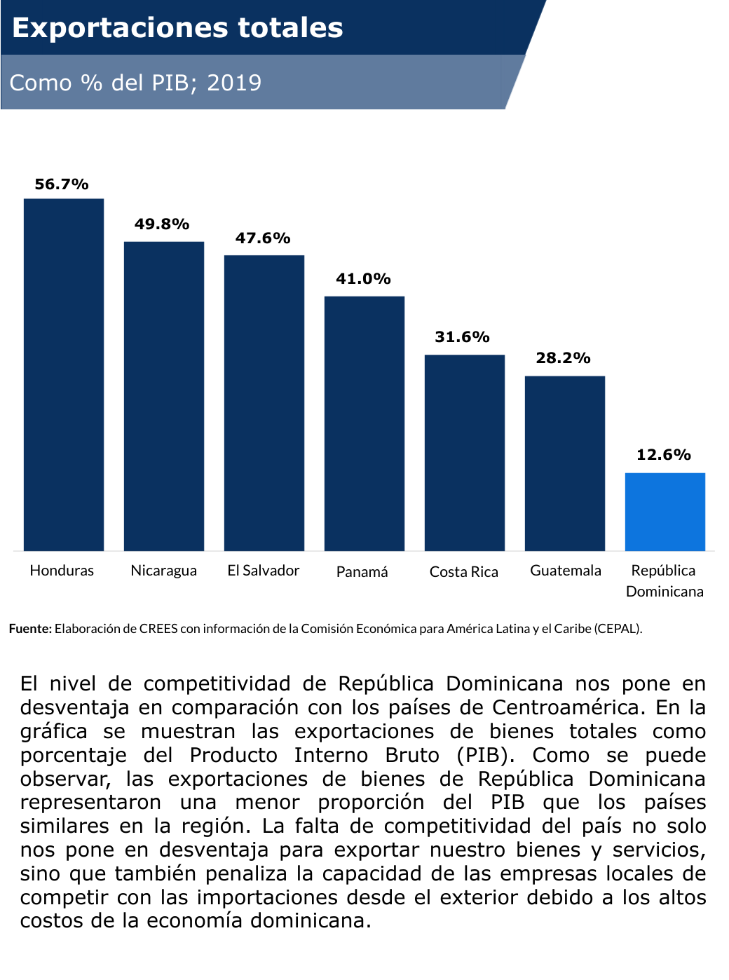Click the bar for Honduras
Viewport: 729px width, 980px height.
click(x=64, y=374)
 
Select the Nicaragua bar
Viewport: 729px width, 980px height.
click(x=164, y=396)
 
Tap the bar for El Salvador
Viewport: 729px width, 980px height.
click(x=264, y=402)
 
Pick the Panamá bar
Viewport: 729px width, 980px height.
click(x=364, y=423)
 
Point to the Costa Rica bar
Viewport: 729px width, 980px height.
click(x=465, y=452)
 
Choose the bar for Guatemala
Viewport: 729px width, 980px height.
click(x=565, y=463)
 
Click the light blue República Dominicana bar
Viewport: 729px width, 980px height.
click(x=665, y=512)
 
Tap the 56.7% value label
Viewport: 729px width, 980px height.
click(x=62, y=184)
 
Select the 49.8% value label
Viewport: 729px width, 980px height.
click(x=162, y=224)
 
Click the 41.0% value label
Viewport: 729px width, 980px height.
click(x=363, y=279)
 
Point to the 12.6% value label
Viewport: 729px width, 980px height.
click(x=664, y=455)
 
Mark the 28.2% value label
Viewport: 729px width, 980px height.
click(x=563, y=358)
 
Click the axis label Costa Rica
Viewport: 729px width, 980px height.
click(x=464, y=572)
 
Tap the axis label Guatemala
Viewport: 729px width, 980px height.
click(x=566, y=571)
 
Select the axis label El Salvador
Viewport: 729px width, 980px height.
click(x=264, y=571)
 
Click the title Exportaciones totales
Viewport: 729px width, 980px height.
click(x=177, y=28)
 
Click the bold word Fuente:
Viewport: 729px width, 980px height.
click(x=30, y=629)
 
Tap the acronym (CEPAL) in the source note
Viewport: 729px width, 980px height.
click(x=618, y=629)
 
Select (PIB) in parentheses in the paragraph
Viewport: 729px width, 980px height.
click(x=486, y=756)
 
